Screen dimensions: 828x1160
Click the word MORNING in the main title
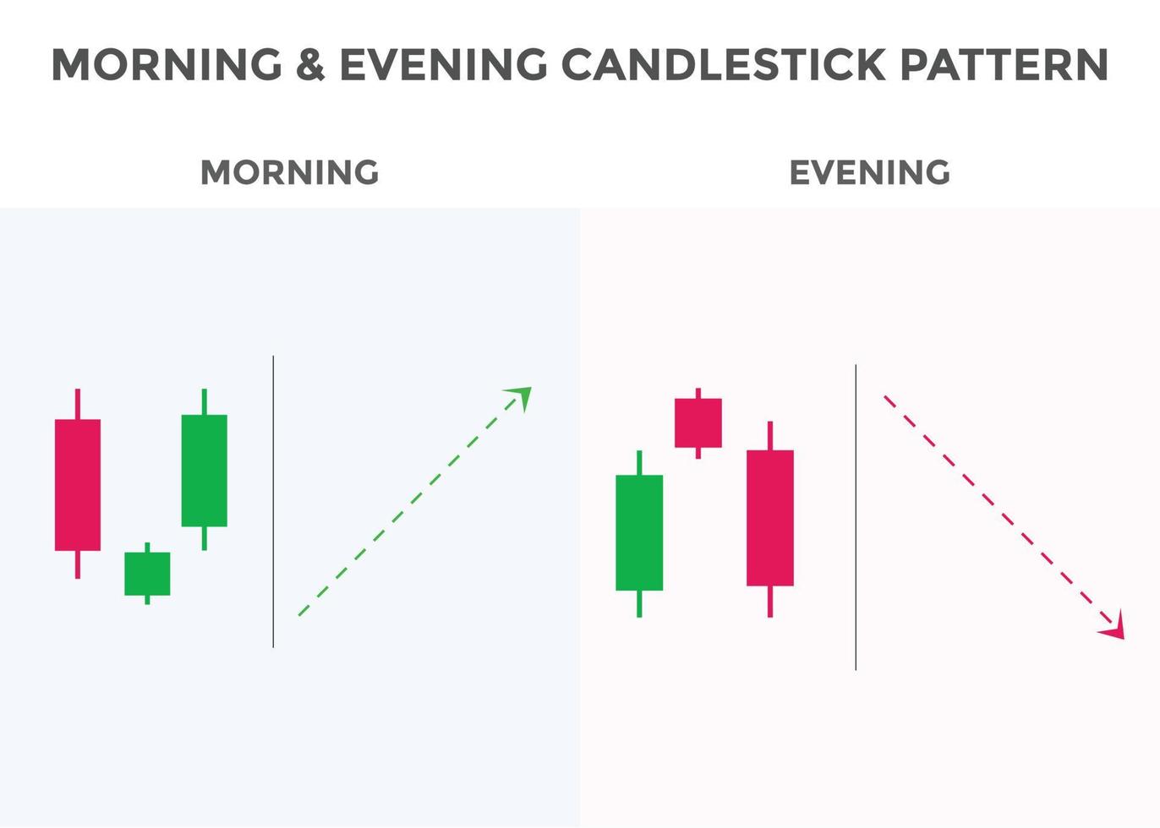tap(167, 64)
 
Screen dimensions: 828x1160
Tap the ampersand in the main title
tap(310, 64)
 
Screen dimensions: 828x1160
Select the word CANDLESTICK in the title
tap(723, 64)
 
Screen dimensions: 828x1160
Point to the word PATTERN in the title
tap(1004, 64)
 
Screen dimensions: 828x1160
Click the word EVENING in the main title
tap(443, 64)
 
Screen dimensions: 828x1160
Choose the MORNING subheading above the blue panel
tap(289, 172)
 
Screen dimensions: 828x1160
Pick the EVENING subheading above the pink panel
tap(869, 172)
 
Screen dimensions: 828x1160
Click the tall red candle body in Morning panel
tap(78, 485)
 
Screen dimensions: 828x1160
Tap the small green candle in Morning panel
tap(147, 574)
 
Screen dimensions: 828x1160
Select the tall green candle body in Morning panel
tap(204, 471)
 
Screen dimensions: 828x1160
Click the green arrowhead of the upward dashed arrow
tap(521, 396)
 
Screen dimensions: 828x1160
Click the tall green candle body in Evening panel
tap(639, 532)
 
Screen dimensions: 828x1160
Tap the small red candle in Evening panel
tap(698, 422)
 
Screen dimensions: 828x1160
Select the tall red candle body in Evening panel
tap(770, 517)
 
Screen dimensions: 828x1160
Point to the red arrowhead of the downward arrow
tap(1115, 628)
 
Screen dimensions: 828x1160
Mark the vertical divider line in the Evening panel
tap(856, 517)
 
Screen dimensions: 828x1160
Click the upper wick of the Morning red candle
tap(78, 404)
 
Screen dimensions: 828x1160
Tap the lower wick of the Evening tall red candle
tap(770, 601)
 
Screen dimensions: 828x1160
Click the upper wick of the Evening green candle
tap(639, 463)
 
